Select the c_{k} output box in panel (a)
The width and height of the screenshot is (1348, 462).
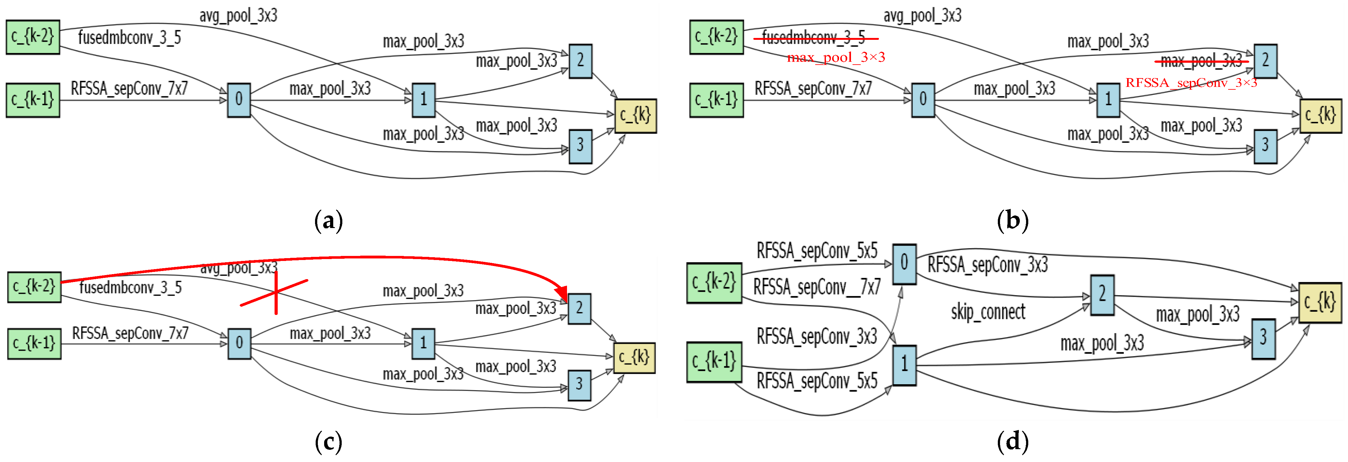coord(635,116)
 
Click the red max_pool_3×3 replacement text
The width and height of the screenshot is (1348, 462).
coord(836,57)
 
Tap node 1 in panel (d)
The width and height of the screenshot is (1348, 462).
coord(904,365)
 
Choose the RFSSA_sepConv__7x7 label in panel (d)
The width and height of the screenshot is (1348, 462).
coord(816,287)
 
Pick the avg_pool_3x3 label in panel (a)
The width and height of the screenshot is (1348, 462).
coord(238,16)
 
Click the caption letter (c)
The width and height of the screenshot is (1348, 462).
coord(329,442)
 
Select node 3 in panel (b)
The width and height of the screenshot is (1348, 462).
coord(1265,146)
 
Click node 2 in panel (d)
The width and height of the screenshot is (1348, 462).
coord(1102,295)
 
